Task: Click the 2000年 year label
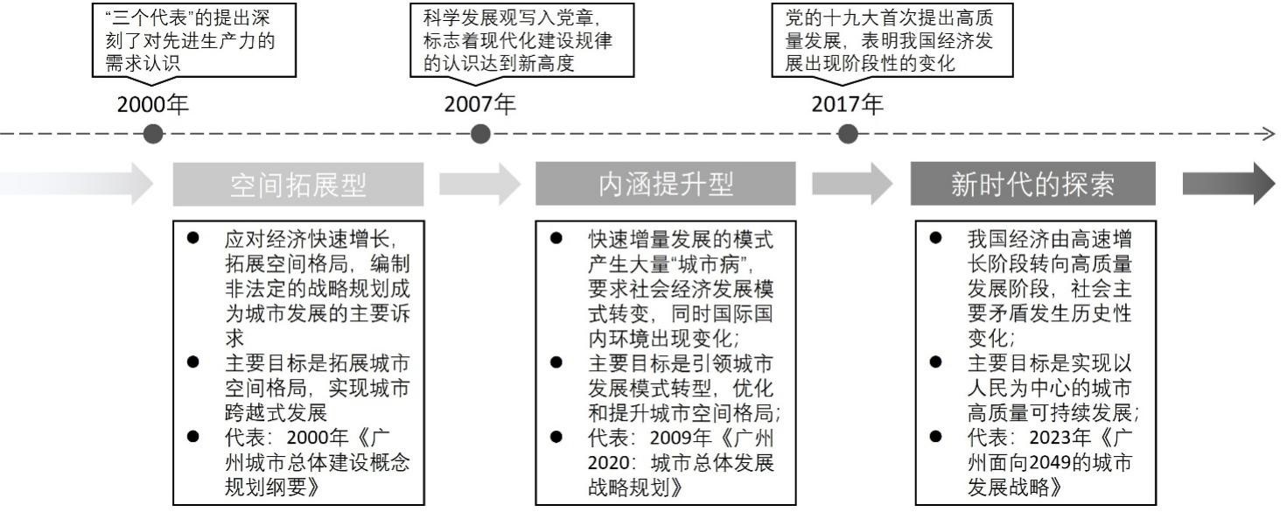153,104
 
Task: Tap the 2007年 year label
479,104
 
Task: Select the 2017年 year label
848,104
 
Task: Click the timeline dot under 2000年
153,135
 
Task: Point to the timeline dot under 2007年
480,135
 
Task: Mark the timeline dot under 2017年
848,135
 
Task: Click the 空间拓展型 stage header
298,184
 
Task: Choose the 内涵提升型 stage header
665,183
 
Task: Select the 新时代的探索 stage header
1032,183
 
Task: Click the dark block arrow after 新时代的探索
1228,183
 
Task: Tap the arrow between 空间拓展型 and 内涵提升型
480,184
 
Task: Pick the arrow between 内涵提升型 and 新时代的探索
853,184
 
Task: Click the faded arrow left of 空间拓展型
76,184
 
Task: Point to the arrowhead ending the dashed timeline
1270,135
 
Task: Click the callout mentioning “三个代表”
194,40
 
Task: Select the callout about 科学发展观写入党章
521,40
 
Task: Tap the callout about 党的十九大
892,40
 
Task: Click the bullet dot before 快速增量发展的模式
556,238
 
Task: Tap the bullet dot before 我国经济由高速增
935,238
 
